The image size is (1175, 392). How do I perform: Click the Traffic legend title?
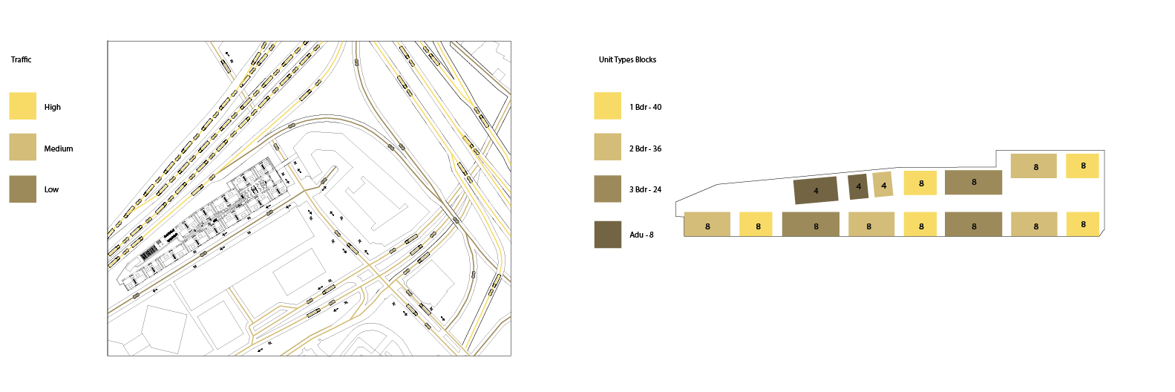tap(21, 60)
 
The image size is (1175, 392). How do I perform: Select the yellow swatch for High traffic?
tap(22, 106)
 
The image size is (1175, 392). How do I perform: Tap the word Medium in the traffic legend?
tap(58, 148)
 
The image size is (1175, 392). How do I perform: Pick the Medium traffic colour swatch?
tap(22, 147)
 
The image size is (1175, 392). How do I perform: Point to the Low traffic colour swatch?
tap(22, 189)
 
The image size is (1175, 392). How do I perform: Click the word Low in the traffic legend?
tap(51, 189)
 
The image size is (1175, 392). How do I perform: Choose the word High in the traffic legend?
tap(53, 107)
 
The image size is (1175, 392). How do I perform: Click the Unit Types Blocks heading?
tap(627, 60)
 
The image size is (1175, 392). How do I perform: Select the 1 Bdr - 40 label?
tap(645, 107)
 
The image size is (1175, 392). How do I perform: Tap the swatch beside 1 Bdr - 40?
tap(607, 106)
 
